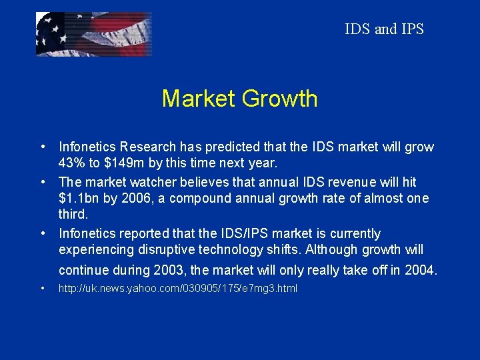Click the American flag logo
(x=93, y=34)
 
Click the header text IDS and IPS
(x=384, y=29)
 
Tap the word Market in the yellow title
(x=198, y=99)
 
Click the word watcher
(x=146, y=181)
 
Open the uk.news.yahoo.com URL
(x=178, y=289)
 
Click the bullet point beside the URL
(x=42, y=289)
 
